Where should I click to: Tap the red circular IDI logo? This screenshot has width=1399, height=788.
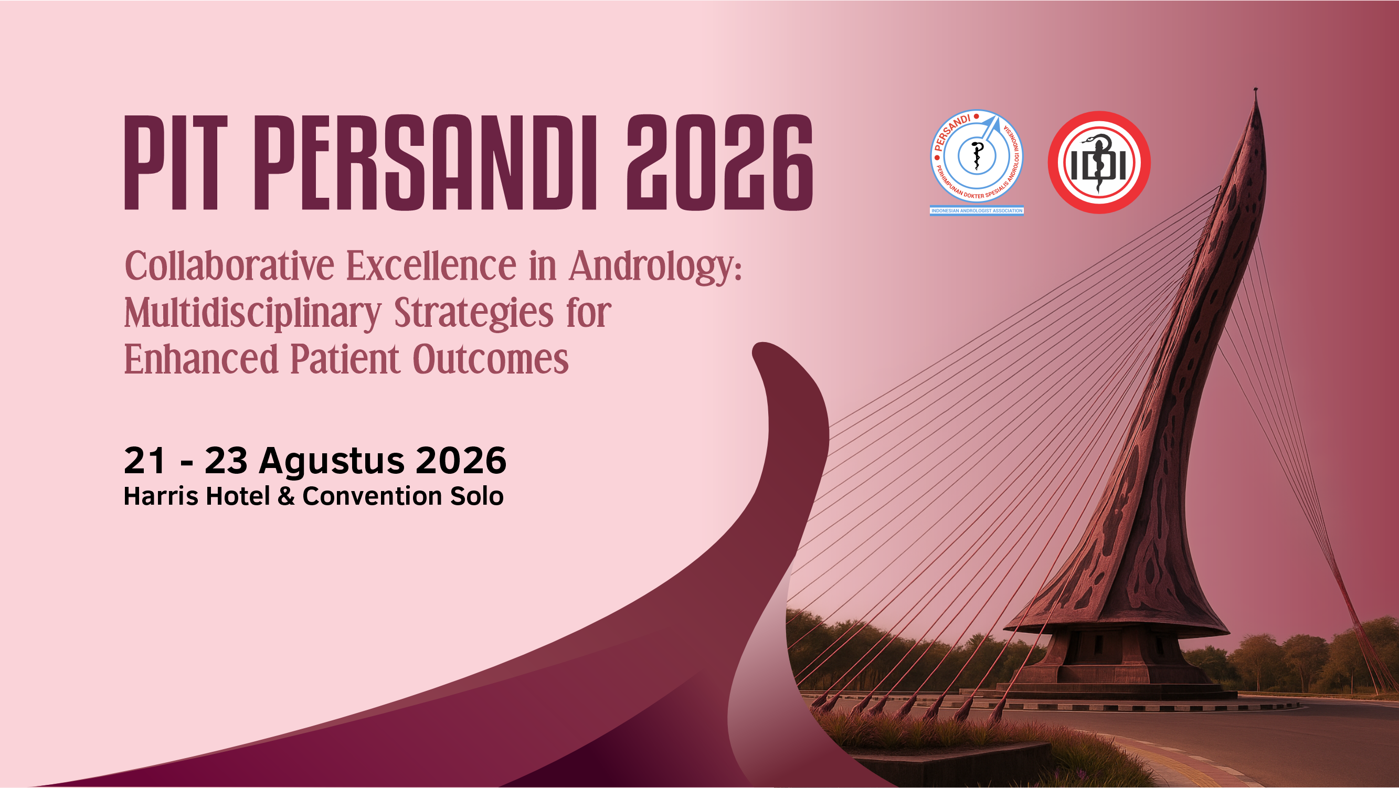point(1099,162)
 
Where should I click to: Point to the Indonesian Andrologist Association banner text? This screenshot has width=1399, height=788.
point(977,211)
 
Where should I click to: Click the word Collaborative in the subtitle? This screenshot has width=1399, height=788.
point(229,265)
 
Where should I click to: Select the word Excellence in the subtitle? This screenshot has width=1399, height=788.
point(431,265)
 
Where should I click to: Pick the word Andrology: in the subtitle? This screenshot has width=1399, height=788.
point(655,268)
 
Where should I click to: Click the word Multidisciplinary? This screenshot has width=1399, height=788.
point(252,314)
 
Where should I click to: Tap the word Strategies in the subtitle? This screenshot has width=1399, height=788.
point(473,314)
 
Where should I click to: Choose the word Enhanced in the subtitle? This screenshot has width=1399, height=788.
point(201,359)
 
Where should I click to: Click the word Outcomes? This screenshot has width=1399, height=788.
point(491,360)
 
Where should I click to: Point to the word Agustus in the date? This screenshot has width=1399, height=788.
point(331,462)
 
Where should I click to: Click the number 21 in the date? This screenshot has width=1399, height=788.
point(144,461)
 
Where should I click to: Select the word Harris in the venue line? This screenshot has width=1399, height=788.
point(160,496)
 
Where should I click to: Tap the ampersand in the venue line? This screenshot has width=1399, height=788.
point(286,496)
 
